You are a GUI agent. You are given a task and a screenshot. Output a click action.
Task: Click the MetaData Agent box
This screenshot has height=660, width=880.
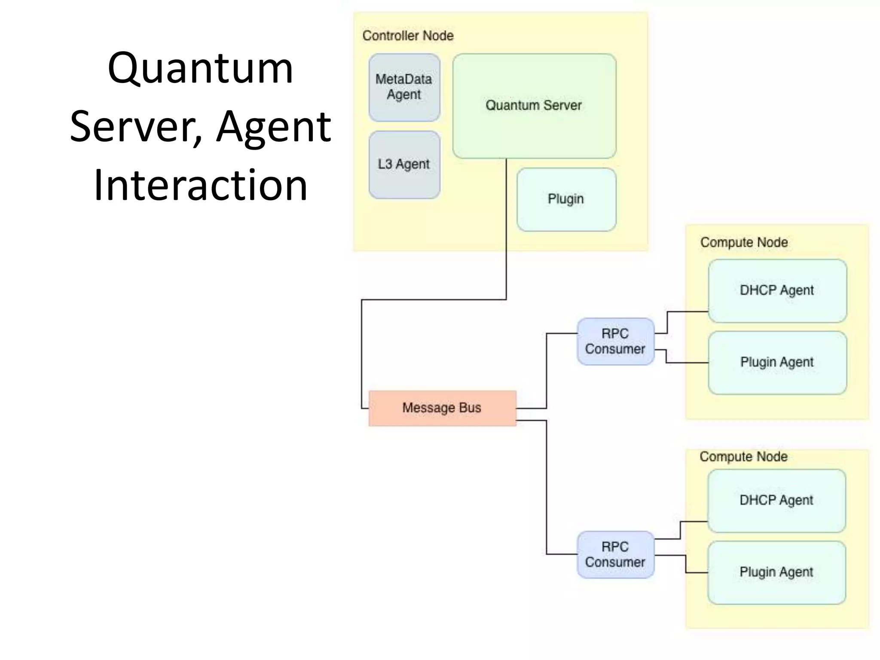tap(404, 87)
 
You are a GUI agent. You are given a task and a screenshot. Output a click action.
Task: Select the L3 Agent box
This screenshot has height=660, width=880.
tap(404, 165)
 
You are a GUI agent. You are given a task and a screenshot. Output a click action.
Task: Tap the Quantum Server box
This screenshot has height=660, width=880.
tap(534, 106)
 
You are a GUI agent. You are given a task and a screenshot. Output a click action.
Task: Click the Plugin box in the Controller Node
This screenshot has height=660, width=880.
tap(566, 199)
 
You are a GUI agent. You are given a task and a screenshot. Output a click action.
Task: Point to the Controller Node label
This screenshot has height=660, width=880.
tap(408, 36)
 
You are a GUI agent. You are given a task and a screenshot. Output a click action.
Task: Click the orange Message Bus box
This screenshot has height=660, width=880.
tap(442, 408)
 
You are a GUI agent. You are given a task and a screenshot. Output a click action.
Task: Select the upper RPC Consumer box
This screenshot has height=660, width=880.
tap(615, 342)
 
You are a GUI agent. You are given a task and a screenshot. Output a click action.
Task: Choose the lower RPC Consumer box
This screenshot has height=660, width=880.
tap(615, 555)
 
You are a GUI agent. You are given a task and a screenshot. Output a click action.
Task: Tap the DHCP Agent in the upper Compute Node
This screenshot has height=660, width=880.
tap(777, 290)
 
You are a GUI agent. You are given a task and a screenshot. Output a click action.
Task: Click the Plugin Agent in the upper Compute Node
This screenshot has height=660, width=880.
tap(777, 362)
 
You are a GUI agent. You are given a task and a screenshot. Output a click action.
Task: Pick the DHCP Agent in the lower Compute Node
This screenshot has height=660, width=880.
tap(776, 501)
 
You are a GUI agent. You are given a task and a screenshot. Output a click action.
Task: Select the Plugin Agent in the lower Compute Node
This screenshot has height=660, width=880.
tap(776, 572)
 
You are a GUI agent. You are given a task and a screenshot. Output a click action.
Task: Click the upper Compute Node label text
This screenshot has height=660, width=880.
tap(744, 242)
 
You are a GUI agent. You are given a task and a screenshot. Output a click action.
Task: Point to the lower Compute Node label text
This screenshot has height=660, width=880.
tap(743, 457)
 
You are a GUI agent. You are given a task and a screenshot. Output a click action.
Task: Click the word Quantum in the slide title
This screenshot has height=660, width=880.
tap(200, 69)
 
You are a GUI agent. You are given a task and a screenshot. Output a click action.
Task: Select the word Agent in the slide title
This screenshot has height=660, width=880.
tap(273, 127)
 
